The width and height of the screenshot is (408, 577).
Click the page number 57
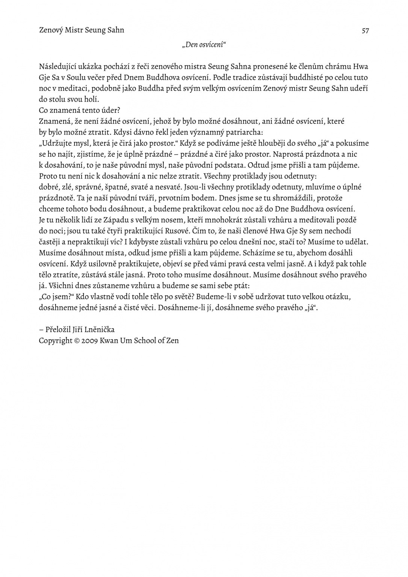tap(365, 30)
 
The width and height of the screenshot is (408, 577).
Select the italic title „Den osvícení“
tap(204, 45)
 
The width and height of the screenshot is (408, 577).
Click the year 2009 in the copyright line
tap(88, 341)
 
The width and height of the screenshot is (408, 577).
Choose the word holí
tap(91, 100)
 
